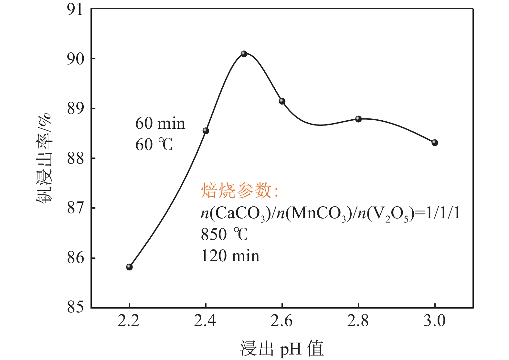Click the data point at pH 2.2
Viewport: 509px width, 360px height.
pos(129,267)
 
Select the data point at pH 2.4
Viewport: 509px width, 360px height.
pos(206,131)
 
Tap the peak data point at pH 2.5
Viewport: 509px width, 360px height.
pos(244,54)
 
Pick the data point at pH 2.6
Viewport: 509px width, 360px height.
pos(282,101)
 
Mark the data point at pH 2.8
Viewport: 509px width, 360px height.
pos(358,119)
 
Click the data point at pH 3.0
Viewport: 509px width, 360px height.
pos(435,143)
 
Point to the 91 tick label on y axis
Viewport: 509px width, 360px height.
pos(75,10)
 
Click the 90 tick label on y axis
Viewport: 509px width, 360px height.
pos(75,59)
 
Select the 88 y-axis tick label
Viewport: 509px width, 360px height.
pos(75,158)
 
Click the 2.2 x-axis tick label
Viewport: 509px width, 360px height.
pos(129,321)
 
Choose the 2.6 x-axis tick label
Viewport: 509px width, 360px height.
pos(281,321)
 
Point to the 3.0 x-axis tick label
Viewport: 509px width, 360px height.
pos(435,321)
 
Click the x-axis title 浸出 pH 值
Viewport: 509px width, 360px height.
pos(281,349)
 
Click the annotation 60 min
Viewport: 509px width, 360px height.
pos(160,124)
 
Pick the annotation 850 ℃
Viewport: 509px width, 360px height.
pos(224,234)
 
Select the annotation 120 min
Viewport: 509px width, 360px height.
pos(230,256)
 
